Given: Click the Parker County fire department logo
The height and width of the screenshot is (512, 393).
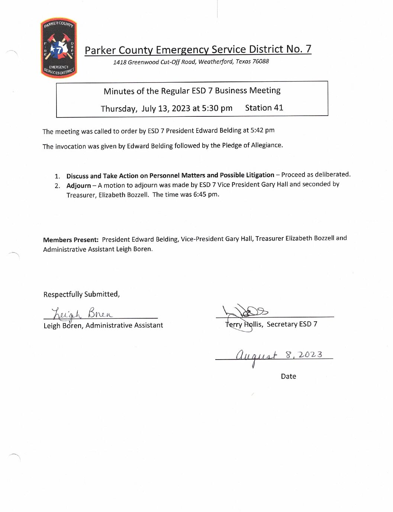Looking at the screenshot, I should click(x=59, y=48).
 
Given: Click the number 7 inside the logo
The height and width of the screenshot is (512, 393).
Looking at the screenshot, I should click(x=59, y=50).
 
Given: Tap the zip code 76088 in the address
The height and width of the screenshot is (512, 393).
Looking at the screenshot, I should click(x=260, y=61).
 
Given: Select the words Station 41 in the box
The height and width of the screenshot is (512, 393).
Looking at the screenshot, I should click(x=264, y=108).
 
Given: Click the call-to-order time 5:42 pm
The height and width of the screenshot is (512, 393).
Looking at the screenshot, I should click(x=262, y=130).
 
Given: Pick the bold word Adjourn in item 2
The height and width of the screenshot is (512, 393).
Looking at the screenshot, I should click(x=78, y=185).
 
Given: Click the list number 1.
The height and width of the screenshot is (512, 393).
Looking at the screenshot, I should click(x=57, y=176).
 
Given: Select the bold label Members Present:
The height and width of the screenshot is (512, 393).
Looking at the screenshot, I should click(x=71, y=240).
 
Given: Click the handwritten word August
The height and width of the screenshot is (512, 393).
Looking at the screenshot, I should click(x=256, y=356).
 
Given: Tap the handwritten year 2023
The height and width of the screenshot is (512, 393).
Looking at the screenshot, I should click(x=310, y=354).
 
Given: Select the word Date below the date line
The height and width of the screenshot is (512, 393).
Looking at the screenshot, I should click(x=289, y=376).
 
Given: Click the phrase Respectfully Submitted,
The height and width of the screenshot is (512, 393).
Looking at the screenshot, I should click(x=81, y=294).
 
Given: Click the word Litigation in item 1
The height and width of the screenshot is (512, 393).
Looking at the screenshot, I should click(x=260, y=175).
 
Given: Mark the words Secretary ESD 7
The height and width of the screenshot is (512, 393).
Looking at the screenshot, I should click(x=292, y=324).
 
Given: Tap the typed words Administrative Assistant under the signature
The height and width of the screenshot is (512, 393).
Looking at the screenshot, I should click(x=124, y=325).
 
